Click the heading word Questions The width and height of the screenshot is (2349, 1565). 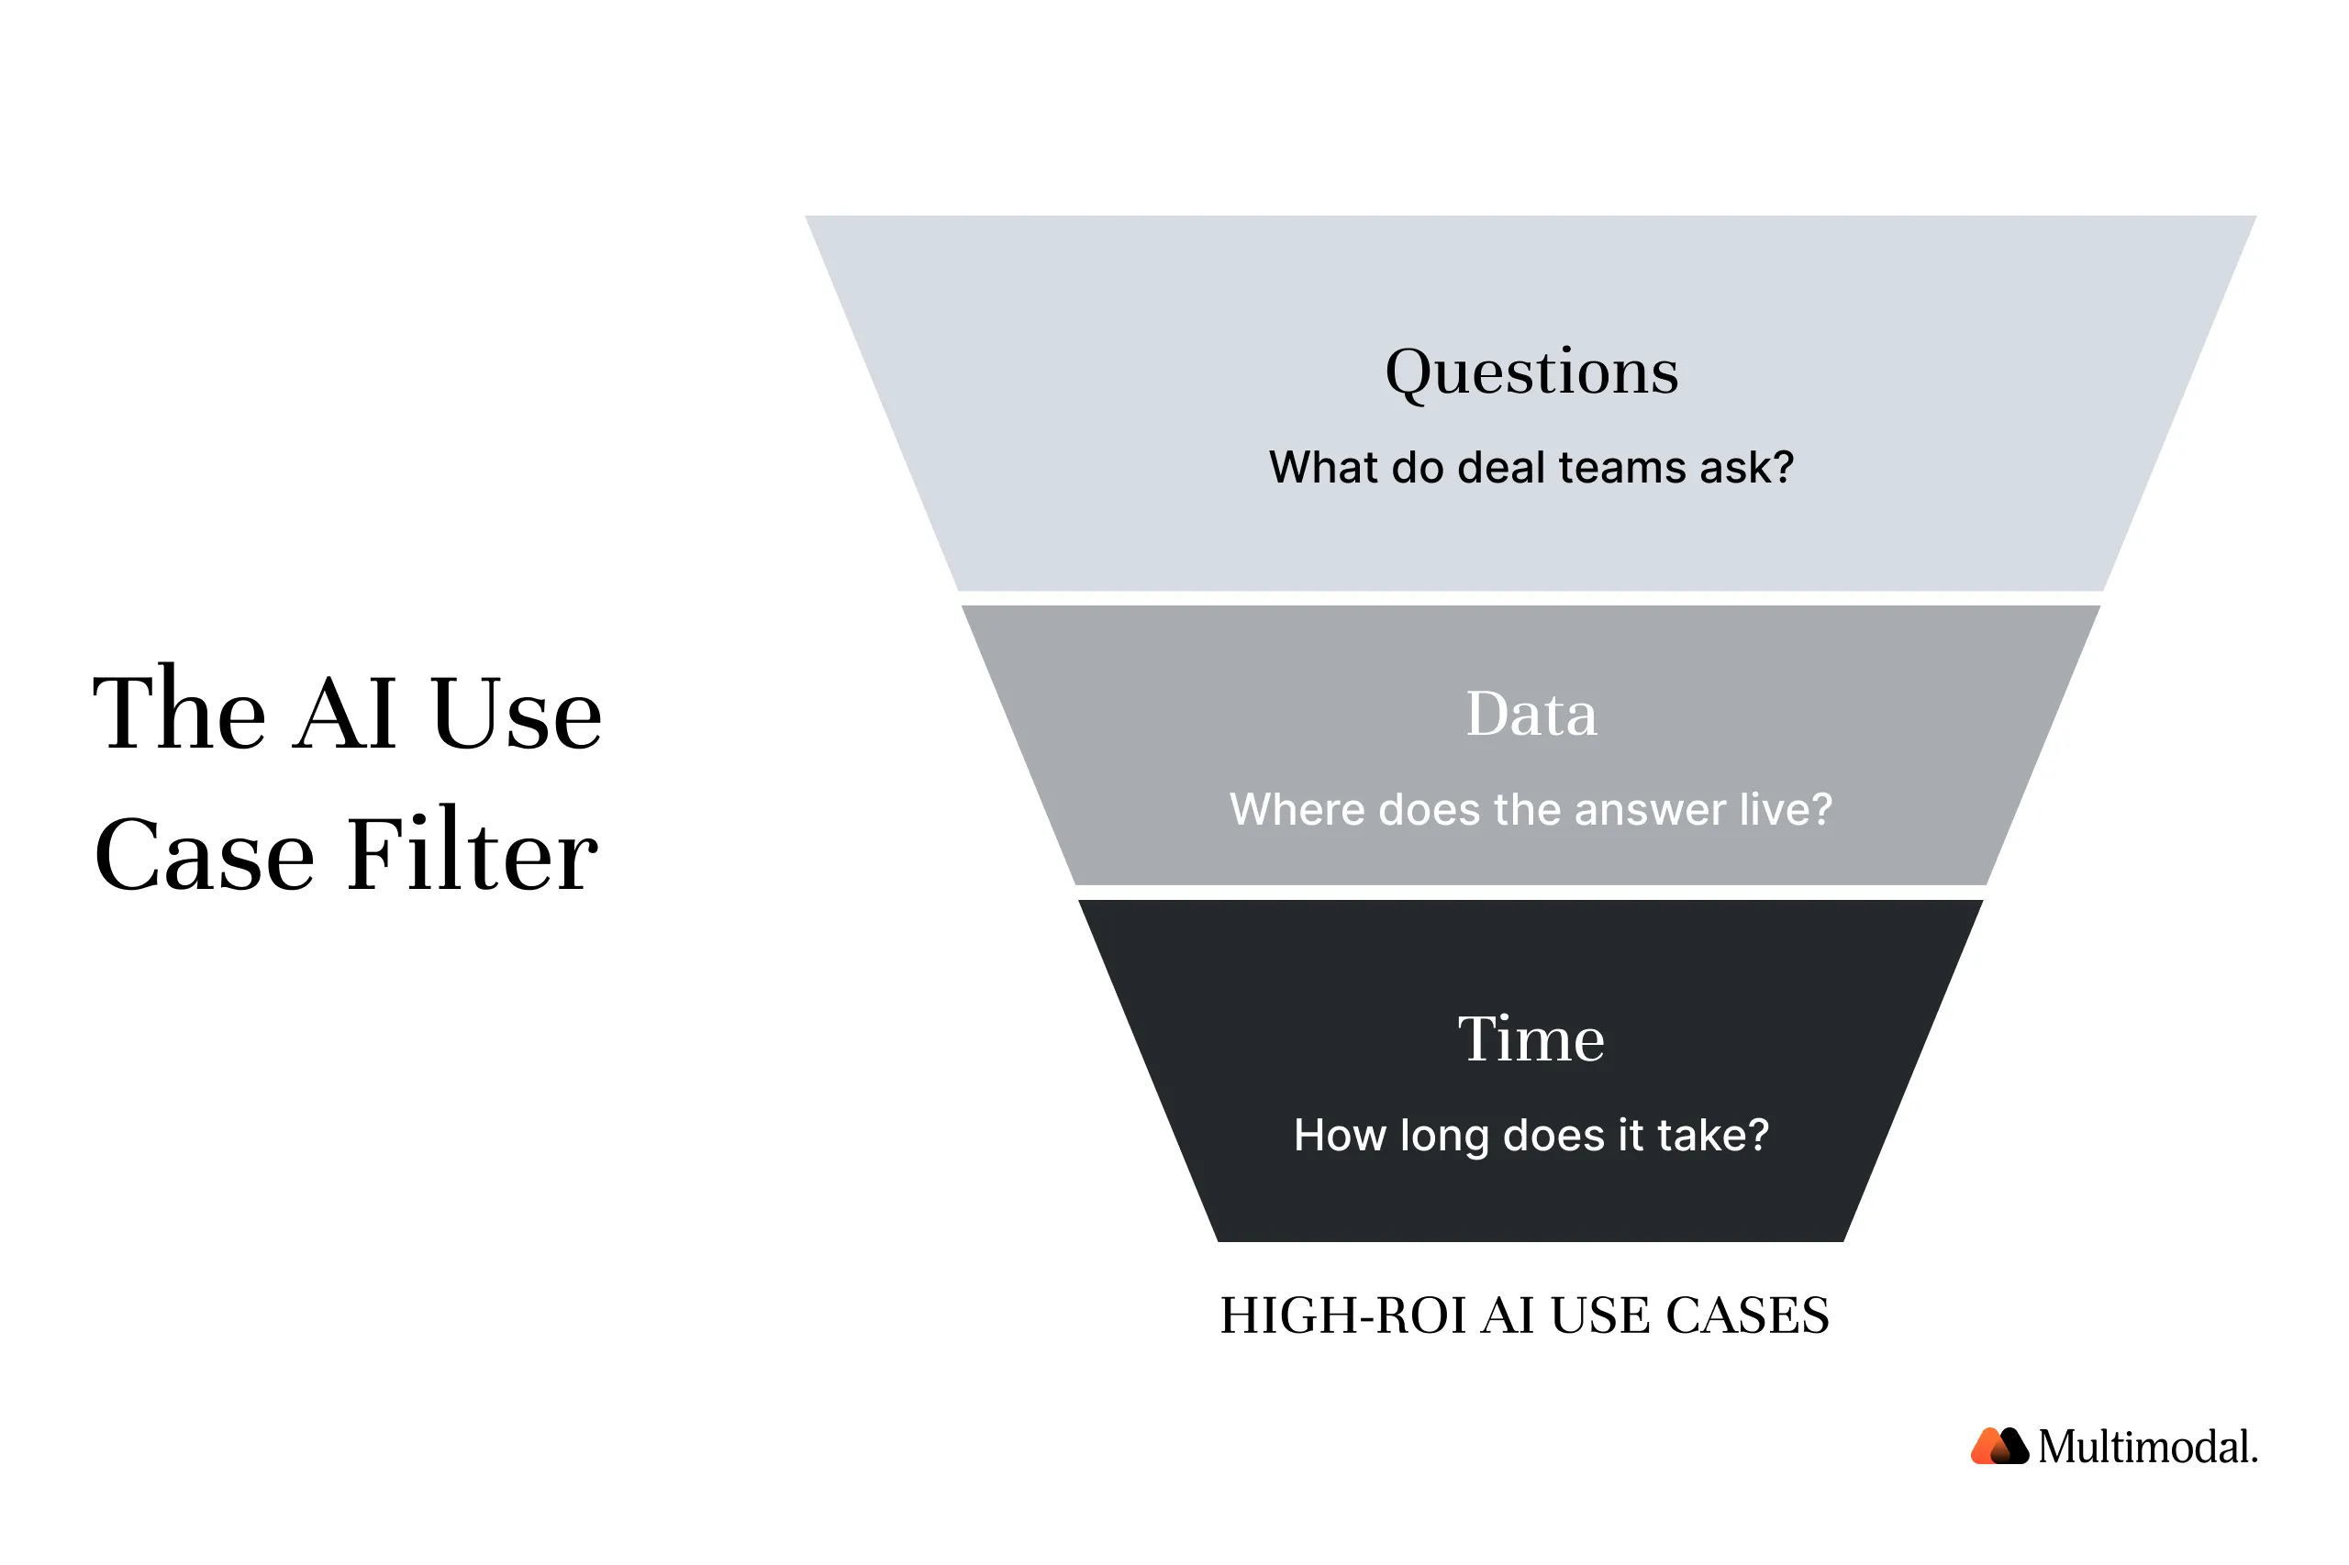click(x=1531, y=372)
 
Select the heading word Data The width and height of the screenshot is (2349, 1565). click(x=1531, y=714)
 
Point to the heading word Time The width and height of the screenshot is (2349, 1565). click(x=1531, y=1039)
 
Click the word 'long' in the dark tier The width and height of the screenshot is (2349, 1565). click(x=1443, y=1137)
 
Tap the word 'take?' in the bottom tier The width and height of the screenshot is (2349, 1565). click(x=1713, y=1135)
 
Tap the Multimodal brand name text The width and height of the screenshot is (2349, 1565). click(x=2146, y=1447)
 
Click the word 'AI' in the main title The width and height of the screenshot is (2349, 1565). click(x=345, y=713)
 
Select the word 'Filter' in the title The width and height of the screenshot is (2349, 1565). click(x=473, y=853)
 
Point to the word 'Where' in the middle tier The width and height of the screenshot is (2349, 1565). click(x=1297, y=809)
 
